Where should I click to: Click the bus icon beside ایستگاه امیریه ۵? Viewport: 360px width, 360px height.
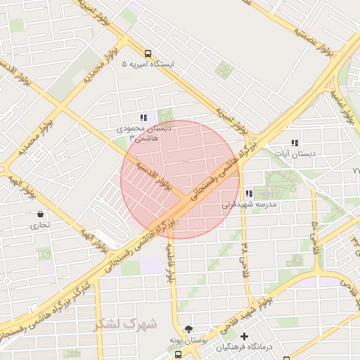pyautogui.click(x=148, y=53)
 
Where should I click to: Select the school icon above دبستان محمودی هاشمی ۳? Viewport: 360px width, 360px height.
pyautogui.click(x=143, y=118)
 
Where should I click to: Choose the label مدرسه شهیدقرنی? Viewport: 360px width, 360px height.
pyautogui.click(x=250, y=205)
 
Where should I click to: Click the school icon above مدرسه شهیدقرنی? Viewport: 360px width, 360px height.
pyautogui.click(x=249, y=194)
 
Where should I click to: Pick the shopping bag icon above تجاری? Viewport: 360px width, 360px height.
pyautogui.click(x=40, y=214)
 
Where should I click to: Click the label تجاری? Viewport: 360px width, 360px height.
pyautogui.click(x=36, y=226)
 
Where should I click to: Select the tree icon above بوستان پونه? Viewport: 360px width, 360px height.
pyautogui.click(x=188, y=328)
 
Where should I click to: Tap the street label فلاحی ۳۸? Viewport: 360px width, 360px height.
pyautogui.click(x=244, y=258)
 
